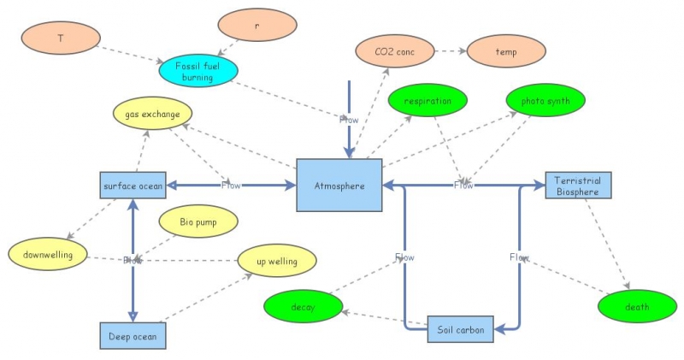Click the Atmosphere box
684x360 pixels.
pos(339,185)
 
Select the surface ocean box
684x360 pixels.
pos(133,185)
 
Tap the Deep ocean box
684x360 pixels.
pos(133,336)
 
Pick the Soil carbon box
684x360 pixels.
pos(461,328)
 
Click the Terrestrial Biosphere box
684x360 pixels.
pos(578,185)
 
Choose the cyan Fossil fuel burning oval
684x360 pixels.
pos(198,72)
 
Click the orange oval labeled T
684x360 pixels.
pos(61,38)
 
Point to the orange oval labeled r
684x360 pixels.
pos(256,26)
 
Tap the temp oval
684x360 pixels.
pos(506,51)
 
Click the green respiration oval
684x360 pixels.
pos(427,101)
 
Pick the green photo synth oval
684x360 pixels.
pos(545,101)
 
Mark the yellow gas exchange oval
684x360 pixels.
pos(152,115)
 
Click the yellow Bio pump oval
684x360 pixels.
pos(198,222)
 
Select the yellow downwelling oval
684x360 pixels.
pos(48,254)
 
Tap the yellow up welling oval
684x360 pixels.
pos(276,261)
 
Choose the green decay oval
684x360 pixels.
pos(303,306)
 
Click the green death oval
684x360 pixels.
pos(636,306)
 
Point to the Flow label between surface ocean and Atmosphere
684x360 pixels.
pos(231,185)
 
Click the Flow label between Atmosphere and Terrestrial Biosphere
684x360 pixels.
pos(463,185)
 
